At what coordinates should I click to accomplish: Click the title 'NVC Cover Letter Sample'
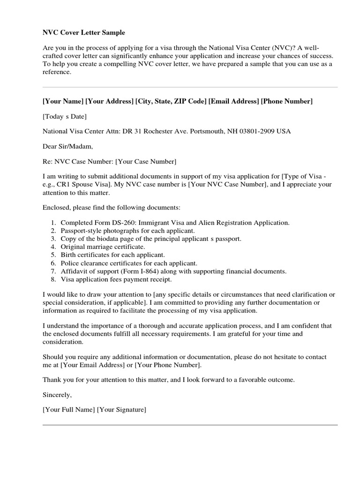pyautogui.click(x=84, y=32)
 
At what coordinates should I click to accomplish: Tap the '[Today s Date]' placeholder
pyautogui.click(x=65, y=116)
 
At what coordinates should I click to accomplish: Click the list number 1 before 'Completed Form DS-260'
pyautogui.click(x=53, y=223)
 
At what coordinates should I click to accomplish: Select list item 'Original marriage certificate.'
pyautogui.click(x=103, y=247)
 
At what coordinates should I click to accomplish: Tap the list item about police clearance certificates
pyautogui.click(x=129, y=263)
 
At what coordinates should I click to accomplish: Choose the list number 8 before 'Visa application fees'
pyautogui.click(x=53, y=279)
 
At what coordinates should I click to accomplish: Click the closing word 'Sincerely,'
pyautogui.click(x=57, y=395)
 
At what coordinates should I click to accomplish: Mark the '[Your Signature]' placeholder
pyautogui.click(x=121, y=410)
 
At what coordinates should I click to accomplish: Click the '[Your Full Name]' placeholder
pyautogui.click(x=68, y=410)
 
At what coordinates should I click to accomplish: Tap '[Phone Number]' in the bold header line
pyautogui.click(x=286, y=101)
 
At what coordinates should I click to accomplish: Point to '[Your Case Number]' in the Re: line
pyautogui.click(x=146, y=162)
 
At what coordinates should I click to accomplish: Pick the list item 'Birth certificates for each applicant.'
pyautogui.click(x=112, y=255)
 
